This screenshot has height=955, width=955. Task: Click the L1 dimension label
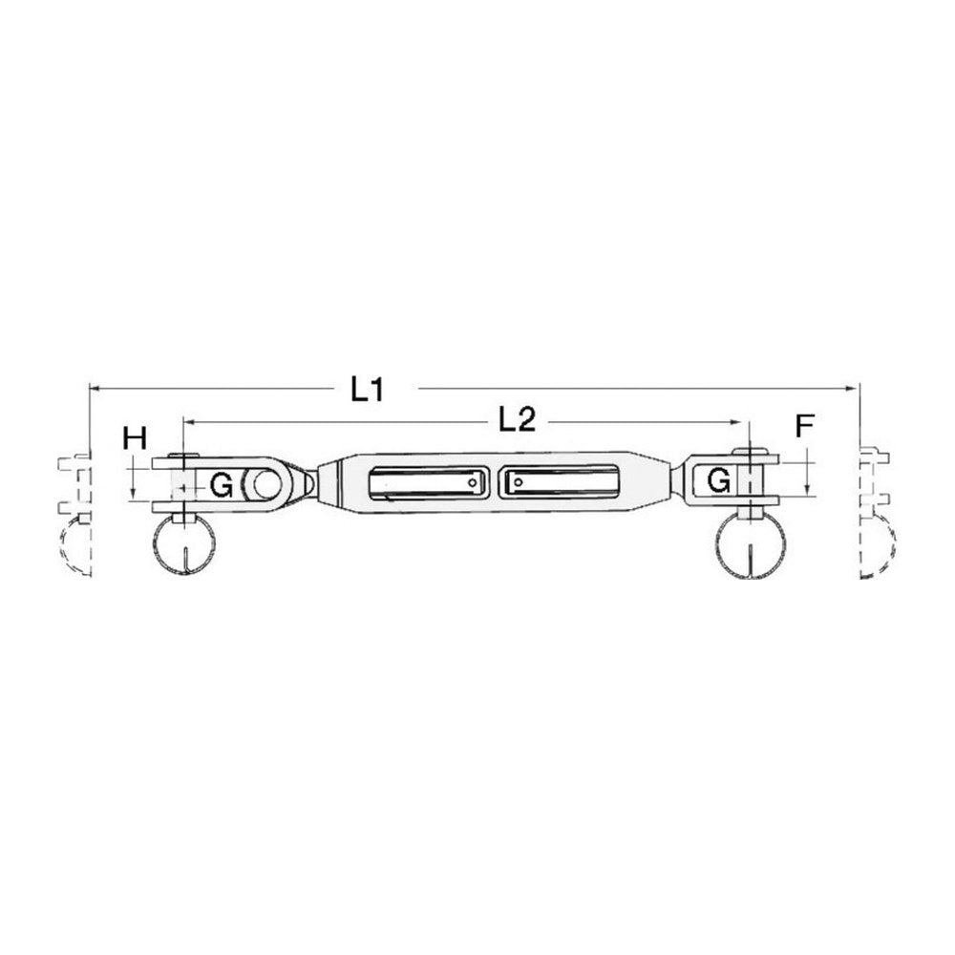click(x=368, y=390)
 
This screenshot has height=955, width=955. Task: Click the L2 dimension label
click(x=517, y=419)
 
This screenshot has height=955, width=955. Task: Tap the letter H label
click(x=135, y=438)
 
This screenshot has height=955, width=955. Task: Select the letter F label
click(x=804, y=426)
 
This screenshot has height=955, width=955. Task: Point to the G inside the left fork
click(x=221, y=485)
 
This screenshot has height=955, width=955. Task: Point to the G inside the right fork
click(x=719, y=480)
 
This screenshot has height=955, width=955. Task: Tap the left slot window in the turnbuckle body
click(x=428, y=483)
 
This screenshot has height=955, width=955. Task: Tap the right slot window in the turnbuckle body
click(x=560, y=482)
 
